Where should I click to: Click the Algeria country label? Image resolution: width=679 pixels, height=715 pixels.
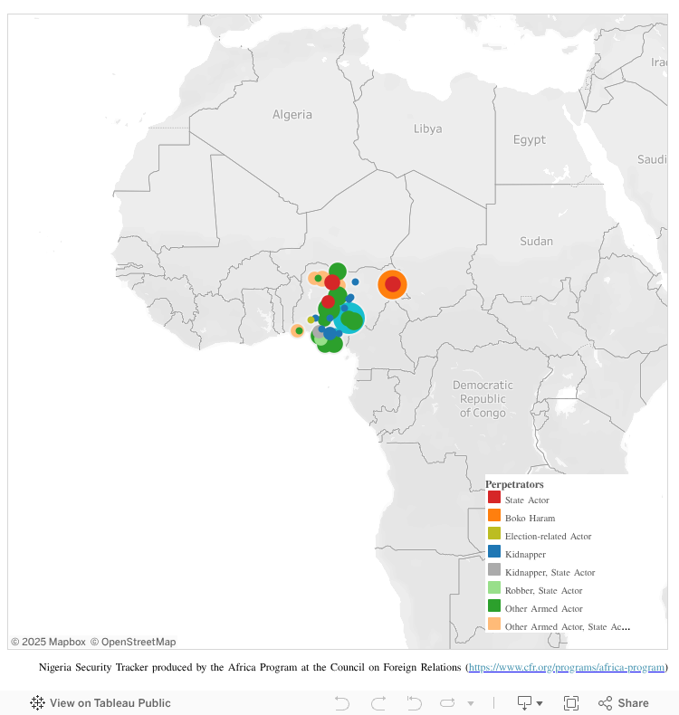[292, 115]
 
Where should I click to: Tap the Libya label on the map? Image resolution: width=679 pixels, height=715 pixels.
[427, 129]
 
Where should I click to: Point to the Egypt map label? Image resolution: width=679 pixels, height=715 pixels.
[529, 139]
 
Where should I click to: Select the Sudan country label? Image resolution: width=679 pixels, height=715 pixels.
[536, 241]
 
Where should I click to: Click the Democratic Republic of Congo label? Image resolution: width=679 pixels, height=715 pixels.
[483, 398]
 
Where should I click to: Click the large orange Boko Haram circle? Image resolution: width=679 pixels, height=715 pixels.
[392, 284]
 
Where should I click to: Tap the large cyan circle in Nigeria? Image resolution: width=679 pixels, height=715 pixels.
[349, 319]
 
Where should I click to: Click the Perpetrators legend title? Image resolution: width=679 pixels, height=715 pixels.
[514, 484]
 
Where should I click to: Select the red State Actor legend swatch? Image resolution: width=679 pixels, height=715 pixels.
[494, 498]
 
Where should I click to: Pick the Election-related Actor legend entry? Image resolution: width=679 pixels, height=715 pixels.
[548, 536]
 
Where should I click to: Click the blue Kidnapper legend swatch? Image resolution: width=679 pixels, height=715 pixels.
[494, 552]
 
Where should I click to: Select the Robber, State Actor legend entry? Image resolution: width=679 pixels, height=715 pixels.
[543, 590]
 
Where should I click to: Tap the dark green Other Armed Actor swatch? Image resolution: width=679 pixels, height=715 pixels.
[494, 606]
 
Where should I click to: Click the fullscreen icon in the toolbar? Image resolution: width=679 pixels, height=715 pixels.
[571, 703]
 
